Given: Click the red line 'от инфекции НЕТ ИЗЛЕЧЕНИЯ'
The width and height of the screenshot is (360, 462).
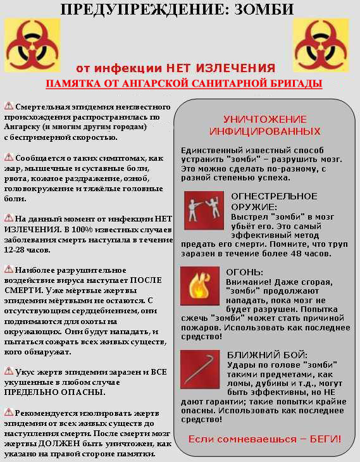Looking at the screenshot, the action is point(175,68).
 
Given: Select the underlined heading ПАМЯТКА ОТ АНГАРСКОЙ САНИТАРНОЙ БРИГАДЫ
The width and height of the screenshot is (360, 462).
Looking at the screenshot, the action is point(183,84).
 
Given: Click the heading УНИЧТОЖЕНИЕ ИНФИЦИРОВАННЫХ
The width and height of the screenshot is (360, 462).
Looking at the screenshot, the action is point(265,125).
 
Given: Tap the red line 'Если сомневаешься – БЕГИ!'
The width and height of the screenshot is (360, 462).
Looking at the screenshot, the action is point(264,438).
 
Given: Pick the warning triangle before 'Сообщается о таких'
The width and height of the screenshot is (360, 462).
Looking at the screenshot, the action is point(9,156).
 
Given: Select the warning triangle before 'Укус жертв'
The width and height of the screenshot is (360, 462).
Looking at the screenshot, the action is point(9,371).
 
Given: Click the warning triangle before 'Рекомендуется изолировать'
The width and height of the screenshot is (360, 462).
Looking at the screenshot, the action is point(9,413).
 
